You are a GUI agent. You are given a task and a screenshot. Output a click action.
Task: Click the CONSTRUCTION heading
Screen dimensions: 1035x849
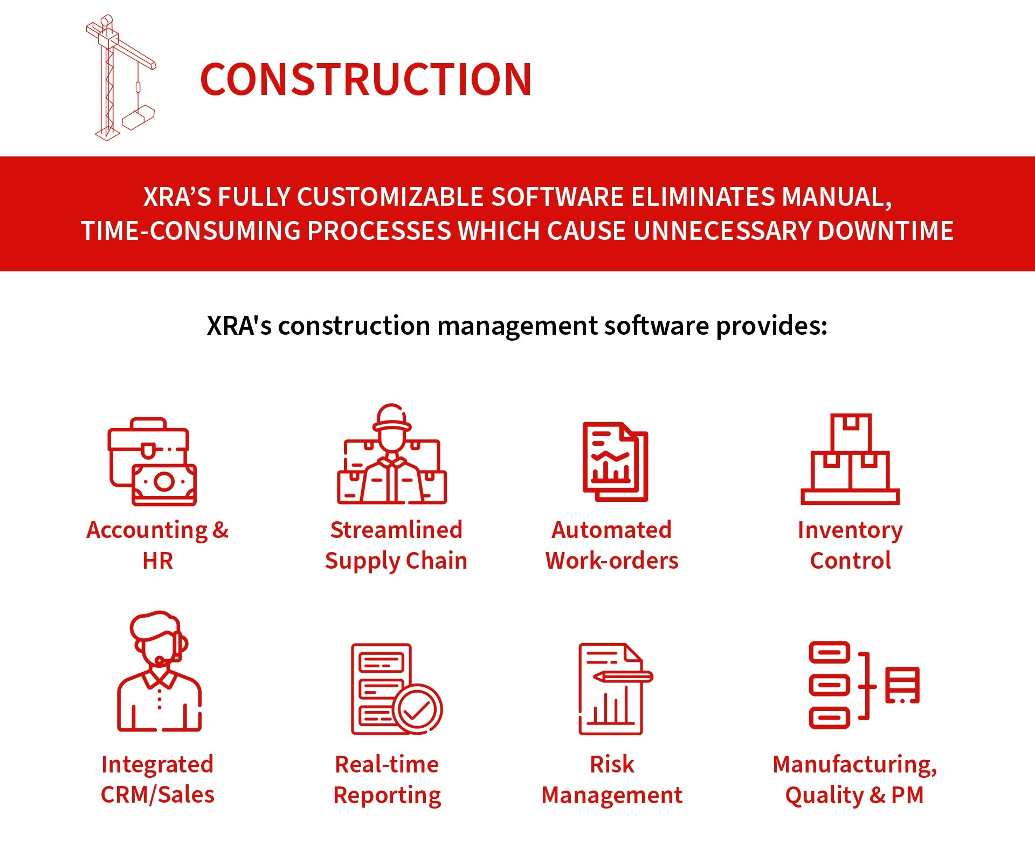(366, 79)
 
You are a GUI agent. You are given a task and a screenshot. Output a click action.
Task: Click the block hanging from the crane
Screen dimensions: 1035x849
(138, 118)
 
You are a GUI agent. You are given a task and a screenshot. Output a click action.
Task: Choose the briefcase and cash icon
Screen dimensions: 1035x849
(152, 461)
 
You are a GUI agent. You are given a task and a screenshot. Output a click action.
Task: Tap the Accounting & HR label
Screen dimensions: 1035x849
(157, 545)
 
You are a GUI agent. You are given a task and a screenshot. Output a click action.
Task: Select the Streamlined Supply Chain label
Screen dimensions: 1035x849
(396, 545)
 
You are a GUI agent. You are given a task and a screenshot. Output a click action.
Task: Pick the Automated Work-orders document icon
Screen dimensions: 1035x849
(615, 461)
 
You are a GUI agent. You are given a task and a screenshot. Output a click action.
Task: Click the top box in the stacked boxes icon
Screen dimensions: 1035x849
(851, 433)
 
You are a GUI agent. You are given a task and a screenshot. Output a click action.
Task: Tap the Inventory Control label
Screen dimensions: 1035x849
(850, 545)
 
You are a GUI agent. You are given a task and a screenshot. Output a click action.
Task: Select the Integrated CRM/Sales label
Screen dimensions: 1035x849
(157, 779)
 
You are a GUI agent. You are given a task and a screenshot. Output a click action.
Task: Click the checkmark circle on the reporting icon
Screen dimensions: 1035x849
(417, 709)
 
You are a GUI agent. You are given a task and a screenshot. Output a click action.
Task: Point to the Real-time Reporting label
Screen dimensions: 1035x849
(387, 780)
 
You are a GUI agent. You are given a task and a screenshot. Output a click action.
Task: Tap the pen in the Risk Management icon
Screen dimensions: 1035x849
(623, 676)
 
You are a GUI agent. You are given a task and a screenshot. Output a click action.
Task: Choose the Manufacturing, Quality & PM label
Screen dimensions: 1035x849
(855, 780)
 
